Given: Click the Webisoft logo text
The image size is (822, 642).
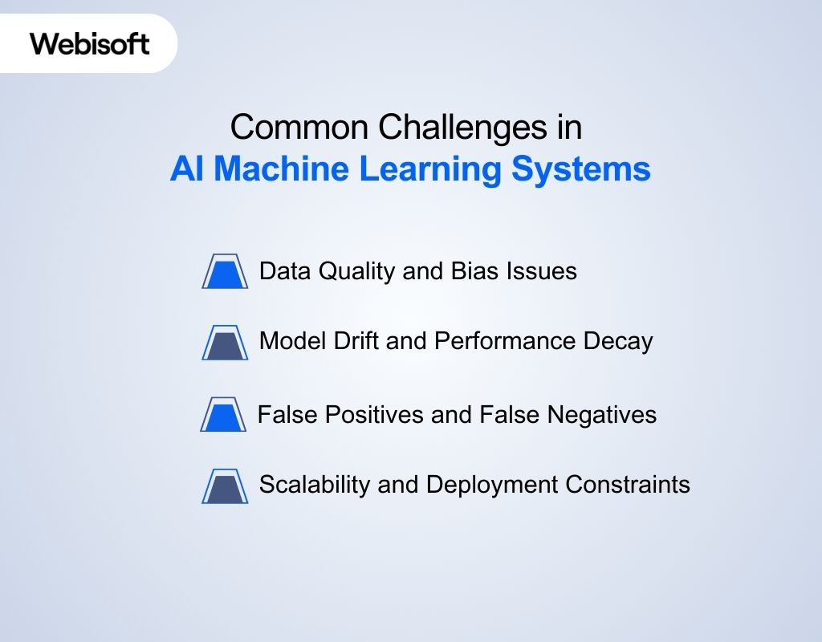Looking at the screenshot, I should (x=90, y=43).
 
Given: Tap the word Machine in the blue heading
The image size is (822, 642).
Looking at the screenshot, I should (x=283, y=170).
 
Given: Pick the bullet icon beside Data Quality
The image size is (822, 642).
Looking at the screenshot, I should (x=225, y=272).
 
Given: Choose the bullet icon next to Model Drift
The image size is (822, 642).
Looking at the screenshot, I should (x=225, y=343).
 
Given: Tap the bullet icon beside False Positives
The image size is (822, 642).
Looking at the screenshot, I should (x=223, y=415).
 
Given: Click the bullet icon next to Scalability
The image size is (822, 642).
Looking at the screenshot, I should (x=225, y=486).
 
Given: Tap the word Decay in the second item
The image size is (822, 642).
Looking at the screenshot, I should (x=619, y=341).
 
